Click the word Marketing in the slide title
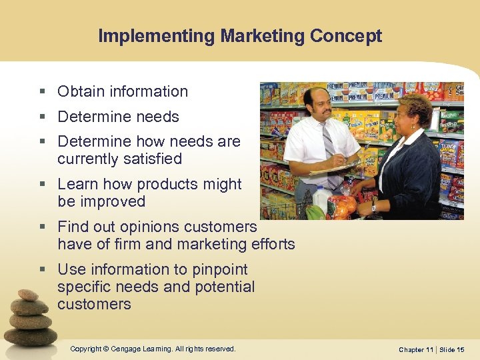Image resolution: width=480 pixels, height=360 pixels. click(247, 36)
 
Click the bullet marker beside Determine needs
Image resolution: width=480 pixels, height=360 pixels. click(42, 117)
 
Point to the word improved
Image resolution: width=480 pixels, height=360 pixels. click(113, 201)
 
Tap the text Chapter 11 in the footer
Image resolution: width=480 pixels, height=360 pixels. click(415, 349)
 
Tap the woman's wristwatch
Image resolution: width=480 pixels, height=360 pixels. click(374, 207)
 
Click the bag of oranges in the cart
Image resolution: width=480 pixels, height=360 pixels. click(343, 206)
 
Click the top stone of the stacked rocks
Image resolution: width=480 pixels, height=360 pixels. click(28, 295)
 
